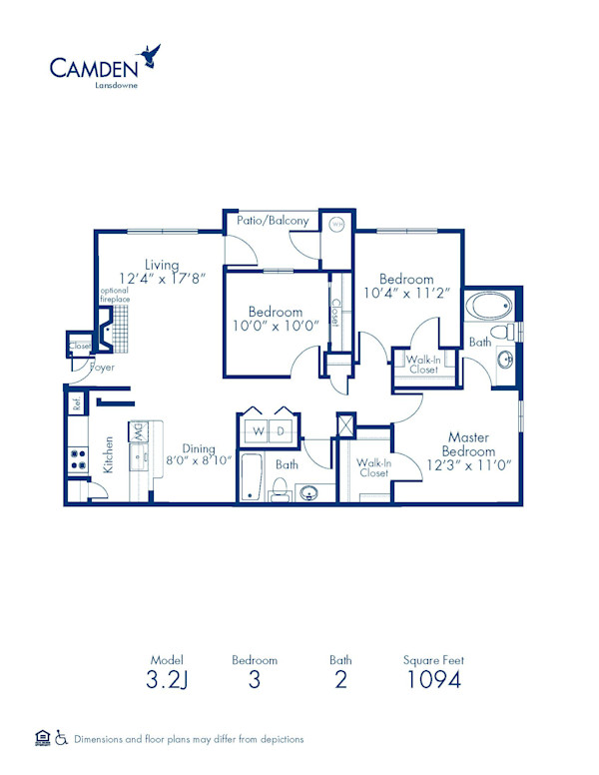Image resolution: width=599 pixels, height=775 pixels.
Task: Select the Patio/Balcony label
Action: click(x=273, y=221)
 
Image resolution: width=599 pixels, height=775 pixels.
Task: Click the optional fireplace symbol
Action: click(x=119, y=323)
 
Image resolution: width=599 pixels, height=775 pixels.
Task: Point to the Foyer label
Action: click(x=102, y=368)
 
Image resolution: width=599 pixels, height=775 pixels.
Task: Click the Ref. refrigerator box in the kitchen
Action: click(x=76, y=404)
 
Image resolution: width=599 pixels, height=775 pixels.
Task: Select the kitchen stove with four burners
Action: click(x=76, y=460)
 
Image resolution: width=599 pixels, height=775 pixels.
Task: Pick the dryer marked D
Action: click(x=283, y=431)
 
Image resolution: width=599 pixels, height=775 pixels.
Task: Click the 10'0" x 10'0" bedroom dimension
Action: click(x=274, y=325)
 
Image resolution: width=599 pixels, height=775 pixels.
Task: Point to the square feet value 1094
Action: click(x=433, y=682)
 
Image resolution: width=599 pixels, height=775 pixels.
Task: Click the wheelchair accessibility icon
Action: click(x=62, y=739)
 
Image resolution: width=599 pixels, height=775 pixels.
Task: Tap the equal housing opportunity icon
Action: click(x=42, y=739)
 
